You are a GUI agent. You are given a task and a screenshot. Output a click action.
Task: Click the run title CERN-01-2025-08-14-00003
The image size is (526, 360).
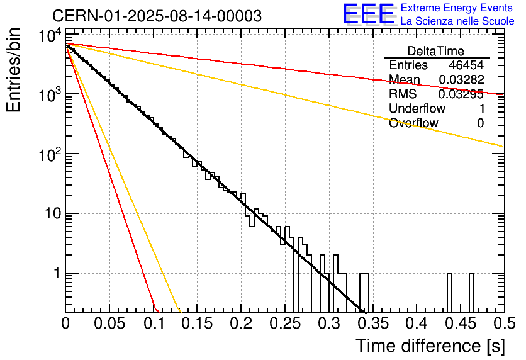click(157, 16)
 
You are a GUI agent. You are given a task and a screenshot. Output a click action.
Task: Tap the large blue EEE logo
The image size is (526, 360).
click(367, 14)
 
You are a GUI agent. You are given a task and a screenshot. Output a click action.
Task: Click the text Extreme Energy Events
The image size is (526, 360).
click(457, 8)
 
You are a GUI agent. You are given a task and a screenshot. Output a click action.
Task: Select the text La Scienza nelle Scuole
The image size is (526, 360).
click(457, 21)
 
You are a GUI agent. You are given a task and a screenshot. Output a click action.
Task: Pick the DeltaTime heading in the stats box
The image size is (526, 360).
click(436, 51)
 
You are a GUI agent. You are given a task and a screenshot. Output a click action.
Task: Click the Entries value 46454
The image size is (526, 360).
click(466, 65)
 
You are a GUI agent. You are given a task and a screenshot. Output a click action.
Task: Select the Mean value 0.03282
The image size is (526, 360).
click(461, 80)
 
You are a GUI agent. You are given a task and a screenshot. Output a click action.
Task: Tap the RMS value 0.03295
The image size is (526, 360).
click(461, 94)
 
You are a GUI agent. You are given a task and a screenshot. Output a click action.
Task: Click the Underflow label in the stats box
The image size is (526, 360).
click(417, 109)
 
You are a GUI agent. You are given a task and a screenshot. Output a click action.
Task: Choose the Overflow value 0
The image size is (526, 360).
click(480, 123)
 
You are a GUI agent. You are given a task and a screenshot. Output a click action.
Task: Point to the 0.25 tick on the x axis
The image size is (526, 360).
click(284, 323)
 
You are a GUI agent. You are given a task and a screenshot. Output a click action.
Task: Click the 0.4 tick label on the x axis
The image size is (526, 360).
click(416, 323)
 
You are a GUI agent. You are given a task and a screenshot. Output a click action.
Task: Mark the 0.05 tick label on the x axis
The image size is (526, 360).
click(109, 323)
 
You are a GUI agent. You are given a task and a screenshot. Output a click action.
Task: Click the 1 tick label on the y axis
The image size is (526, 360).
click(55, 274)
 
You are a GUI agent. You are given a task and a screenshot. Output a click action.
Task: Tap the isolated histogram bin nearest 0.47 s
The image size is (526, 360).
click(471, 293)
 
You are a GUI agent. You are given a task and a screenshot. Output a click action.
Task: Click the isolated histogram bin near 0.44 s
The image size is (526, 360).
click(450, 293)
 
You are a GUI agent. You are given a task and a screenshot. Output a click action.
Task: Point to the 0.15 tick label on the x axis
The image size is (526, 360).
click(197, 323)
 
